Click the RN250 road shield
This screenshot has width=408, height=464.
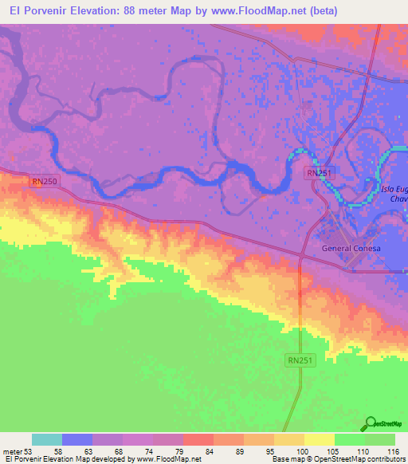[44, 182]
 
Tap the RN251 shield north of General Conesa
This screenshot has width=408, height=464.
[318, 172]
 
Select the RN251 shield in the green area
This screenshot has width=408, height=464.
[300, 361]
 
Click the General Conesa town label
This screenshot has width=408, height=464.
[351, 248]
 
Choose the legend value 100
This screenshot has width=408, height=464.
[303, 450]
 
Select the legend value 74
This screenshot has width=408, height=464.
[154, 450]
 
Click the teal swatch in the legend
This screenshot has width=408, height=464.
[47, 439]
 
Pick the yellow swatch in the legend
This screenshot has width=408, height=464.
[320, 439]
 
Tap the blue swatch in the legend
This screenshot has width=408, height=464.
[77, 439]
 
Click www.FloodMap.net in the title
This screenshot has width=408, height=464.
[263, 11]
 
